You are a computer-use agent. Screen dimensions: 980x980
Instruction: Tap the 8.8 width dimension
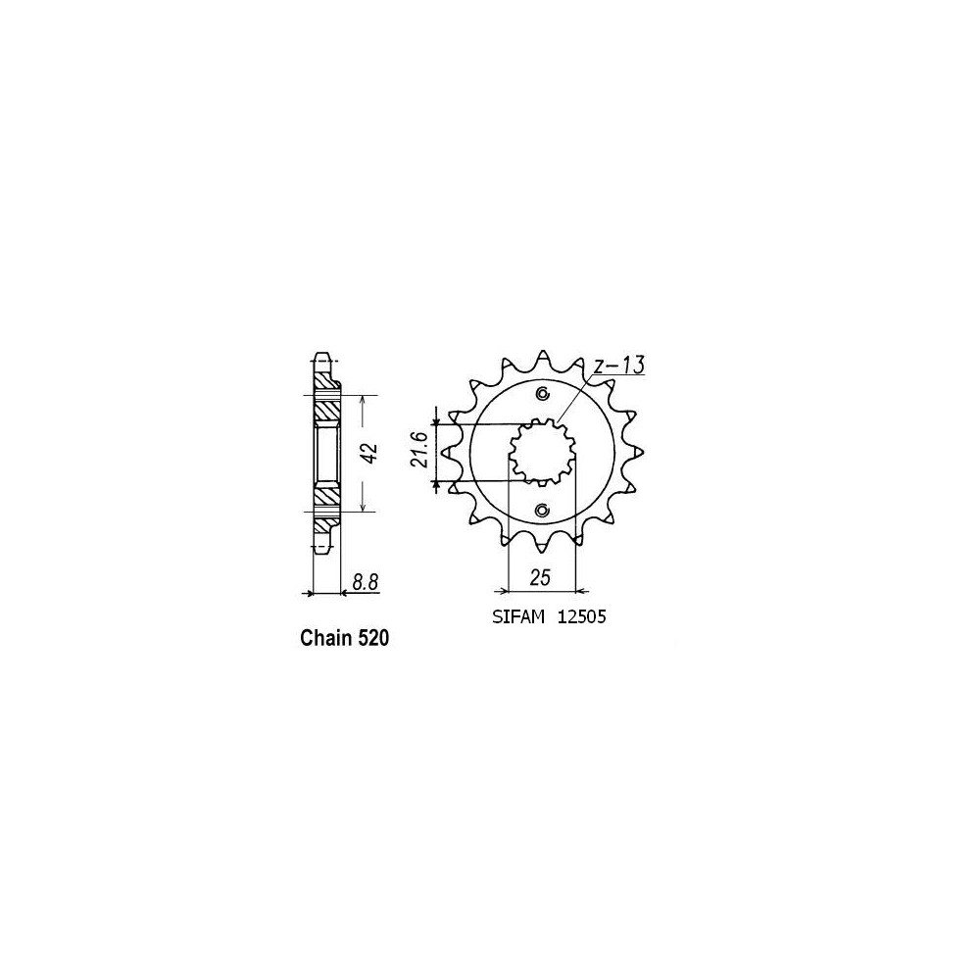pyautogui.click(x=365, y=582)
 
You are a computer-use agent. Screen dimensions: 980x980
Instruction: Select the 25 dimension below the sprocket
pyautogui.click(x=540, y=579)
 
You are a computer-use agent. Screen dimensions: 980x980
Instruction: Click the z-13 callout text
pyautogui.click(x=617, y=367)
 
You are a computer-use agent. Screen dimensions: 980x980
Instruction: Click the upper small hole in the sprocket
pyautogui.click(x=543, y=394)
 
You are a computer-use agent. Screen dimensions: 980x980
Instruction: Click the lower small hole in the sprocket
pyautogui.click(x=543, y=510)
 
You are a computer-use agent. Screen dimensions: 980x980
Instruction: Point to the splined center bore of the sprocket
pyautogui.click(x=542, y=452)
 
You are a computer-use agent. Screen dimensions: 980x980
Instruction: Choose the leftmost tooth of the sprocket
pyautogui.click(x=447, y=452)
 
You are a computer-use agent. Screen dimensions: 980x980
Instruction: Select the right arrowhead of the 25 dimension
pyautogui.click(x=581, y=591)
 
